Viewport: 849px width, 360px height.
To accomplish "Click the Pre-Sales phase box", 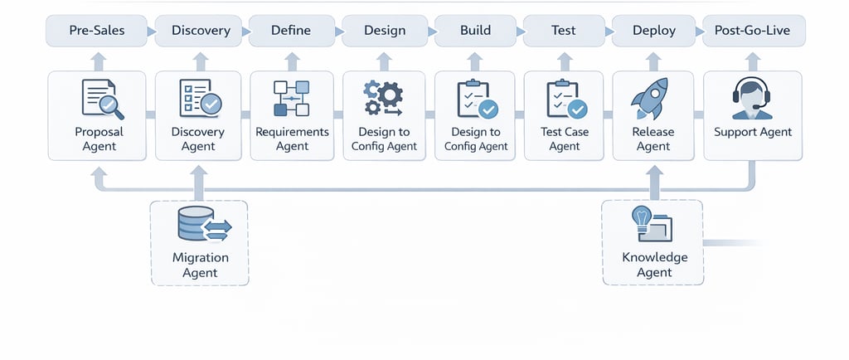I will [x=98, y=31].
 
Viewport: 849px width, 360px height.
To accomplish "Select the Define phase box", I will [x=291, y=31].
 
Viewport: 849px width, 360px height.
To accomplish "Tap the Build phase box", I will [x=475, y=31].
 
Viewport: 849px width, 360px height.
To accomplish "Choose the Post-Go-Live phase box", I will [x=752, y=31].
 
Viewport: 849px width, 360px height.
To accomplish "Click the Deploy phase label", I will [x=654, y=31].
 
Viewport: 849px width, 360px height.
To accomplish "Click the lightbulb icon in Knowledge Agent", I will [x=641, y=218].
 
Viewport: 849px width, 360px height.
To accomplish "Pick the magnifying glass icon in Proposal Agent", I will [x=111, y=106].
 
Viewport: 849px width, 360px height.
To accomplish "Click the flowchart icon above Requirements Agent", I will [x=291, y=98].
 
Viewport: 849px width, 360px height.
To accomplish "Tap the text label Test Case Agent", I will [x=565, y=139].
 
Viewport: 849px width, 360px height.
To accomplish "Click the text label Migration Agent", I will [x=200, y=265].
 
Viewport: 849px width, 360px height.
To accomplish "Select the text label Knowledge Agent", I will [x=654, y=265].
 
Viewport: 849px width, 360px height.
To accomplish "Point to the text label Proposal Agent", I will [x=99, y=139].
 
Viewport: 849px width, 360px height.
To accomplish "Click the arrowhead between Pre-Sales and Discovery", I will [x=149, y=32].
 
